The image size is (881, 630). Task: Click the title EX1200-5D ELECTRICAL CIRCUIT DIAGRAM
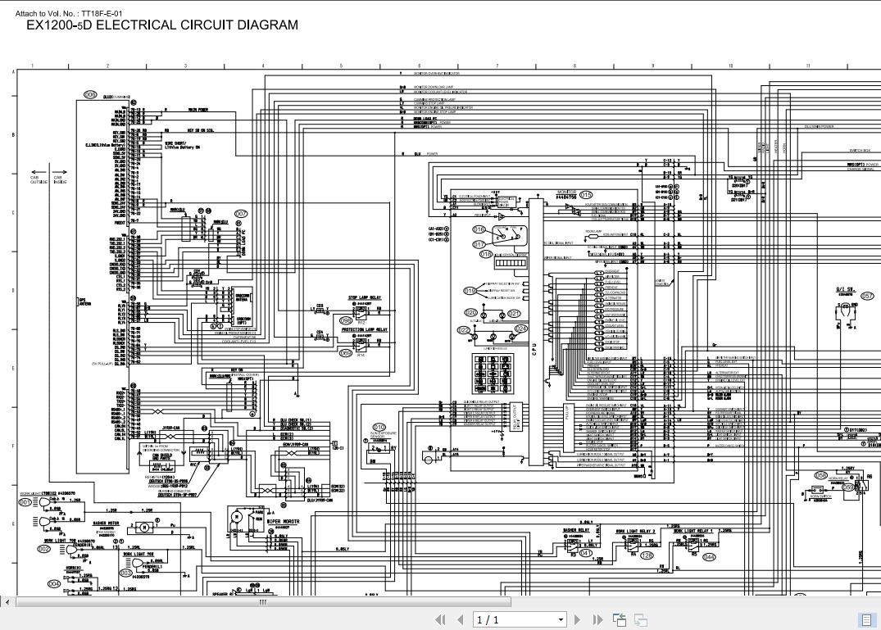pos(162,25)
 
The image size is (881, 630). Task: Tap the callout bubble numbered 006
pos(90,95)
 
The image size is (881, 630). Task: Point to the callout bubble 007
pos(241,214)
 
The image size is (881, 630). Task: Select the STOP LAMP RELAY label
pos(364,298)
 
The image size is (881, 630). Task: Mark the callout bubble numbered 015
pos(585,195)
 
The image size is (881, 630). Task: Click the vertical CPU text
pos(534,347)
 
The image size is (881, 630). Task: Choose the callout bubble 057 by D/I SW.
pos(866,297)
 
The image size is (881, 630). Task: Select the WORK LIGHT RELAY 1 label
pos(693,531)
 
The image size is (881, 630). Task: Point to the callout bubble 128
pos(647,555)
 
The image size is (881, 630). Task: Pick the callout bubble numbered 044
pos(709,557)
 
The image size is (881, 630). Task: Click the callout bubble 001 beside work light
pos(25,502)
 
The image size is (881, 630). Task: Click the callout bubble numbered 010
pos(379,427)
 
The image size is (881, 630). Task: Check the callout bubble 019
pos(470,291)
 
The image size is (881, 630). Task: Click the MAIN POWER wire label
pos(198,109)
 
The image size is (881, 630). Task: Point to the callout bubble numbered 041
pos(585,553)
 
